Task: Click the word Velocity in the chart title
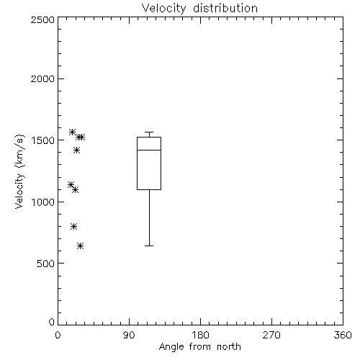pyautogui.click(x=163, y=9)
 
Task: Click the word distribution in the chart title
pyautogui.click(x=225, y=8)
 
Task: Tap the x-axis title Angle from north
pyautogui.click(x=200, y=346)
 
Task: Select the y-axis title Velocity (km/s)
pyautogui.click(x=19, y=171)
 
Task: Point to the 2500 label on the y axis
pyautogui.click(x=42, y=19)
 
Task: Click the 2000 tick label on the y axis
pyautogui.click(x=42, y=78)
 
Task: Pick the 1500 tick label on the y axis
pyautogui.click(x=43, y=140)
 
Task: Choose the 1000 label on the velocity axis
pyautogui.click(x=43, y=202)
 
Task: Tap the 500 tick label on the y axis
pyautogui.click(x=46, y=264)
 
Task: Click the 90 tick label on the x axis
pyautogui.click(x=129, y=335)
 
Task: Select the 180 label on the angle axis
pyautogui.click(x=200, y=335)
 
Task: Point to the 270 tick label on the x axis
pyautogui.click(x=271, y=335)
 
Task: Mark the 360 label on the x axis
pyautogui.click(x=343, y=335)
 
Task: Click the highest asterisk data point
pyautogui.click(x=72, y=132)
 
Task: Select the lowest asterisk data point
pyautogui.click(x=81, y=246)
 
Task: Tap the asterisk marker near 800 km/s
pyautogui.click(x=73, y=226)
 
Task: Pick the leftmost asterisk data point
pyautogui.click(x=71, y=184)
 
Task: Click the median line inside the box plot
pyautogui.click(x=149, y=150)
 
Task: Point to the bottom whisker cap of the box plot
pyautogui.click(x=149, y=246)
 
